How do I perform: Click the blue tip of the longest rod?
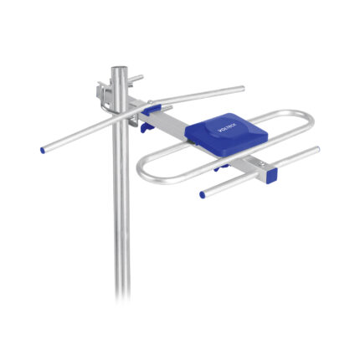click(42, 151)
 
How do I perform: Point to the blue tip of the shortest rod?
click(203, 195)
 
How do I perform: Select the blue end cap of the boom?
click(270, 176)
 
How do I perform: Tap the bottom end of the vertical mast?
click(122, 295)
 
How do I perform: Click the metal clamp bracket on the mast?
click(107, 91)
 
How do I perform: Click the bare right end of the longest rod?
click(242, 88)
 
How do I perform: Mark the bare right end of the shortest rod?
click(317, 151)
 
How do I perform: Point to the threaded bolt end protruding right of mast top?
click(137, 79)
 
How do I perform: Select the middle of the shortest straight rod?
click(260, 172)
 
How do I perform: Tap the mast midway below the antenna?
click(122, 226)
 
